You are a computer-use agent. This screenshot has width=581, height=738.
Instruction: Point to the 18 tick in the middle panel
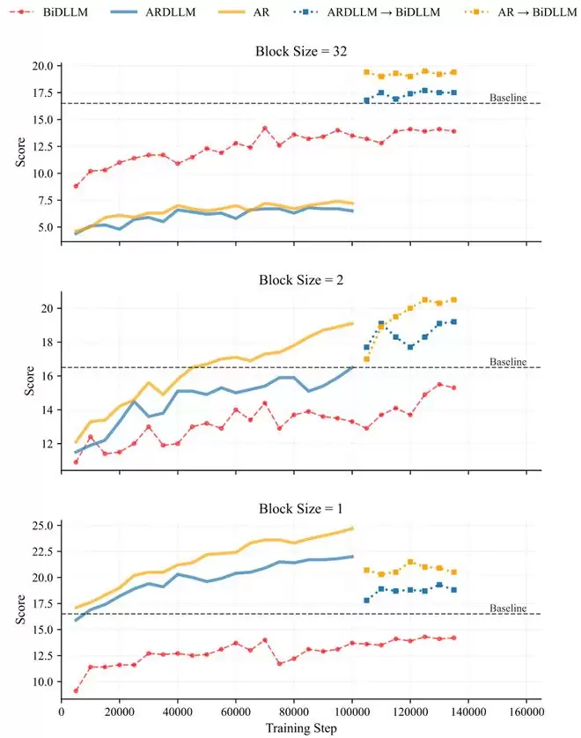click(47, 342)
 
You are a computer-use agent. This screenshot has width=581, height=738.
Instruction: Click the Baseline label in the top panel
click(508, 97)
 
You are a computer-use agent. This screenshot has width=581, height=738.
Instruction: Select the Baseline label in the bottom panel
click(508, 608)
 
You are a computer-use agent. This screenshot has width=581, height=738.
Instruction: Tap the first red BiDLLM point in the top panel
click(76, 186)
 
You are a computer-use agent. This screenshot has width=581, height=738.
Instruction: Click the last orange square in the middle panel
click(453, 299)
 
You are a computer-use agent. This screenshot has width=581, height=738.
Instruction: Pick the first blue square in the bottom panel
click(366, 601)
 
